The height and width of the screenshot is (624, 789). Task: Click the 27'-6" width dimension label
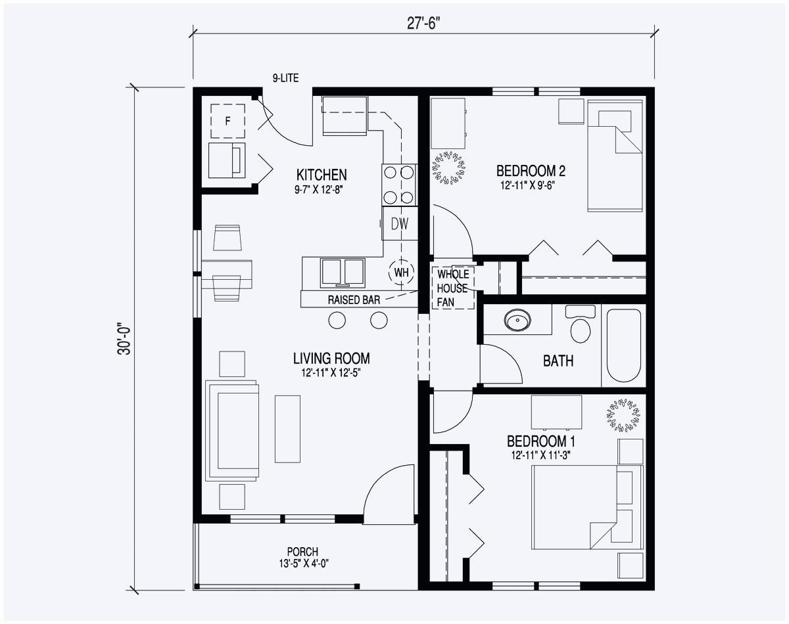(x=423, y=24)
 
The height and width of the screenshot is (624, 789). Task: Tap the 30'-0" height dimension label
(x=124, y=338)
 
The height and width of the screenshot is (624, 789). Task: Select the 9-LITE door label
(x=285, y=78)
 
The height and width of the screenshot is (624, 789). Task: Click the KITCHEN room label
(x=322, y=175)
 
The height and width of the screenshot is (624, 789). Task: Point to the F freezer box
(x=228, y=121)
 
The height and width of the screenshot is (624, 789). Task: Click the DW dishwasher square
(x=400, y=223)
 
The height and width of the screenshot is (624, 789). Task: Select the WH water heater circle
(x=402, y=272)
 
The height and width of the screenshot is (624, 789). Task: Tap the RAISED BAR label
(x=354, y=300)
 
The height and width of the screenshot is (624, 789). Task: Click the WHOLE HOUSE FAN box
(x=453, y=288)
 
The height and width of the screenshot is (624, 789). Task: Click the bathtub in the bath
(x=624, y=345)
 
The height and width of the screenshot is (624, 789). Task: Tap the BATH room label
(x=558, y=361)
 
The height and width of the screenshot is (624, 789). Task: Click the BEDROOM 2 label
(x=531, y=171)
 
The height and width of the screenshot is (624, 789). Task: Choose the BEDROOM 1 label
(x=540, y=441)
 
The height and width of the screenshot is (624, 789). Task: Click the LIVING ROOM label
(x=331, y=359)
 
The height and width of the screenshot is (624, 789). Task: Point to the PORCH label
(x=302, y=552)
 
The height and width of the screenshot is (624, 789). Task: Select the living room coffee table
(x=288, y=429)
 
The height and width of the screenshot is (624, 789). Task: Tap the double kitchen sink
(x=343, y=273)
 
